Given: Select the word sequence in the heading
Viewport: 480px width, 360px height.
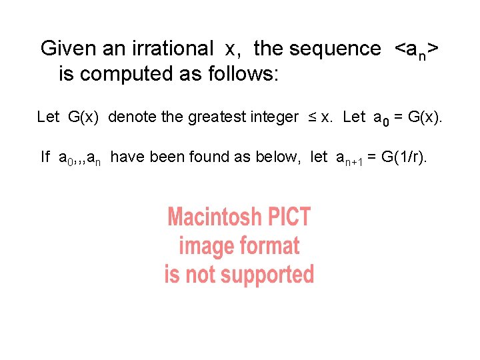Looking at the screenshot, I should click(x=335, y=49).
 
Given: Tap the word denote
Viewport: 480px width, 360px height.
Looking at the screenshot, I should click(x=133, y=117).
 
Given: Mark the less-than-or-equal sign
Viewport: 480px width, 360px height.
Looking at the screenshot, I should click(x=312, y=118).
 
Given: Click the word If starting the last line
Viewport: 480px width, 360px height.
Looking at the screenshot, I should click(x=45, y=157).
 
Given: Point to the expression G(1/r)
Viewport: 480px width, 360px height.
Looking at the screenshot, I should click(x=404, y=157).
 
